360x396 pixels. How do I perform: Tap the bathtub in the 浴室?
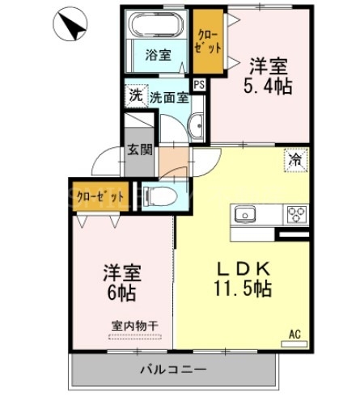pyautogui.click(x=158, y=27)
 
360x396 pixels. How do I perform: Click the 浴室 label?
pyautogui.click(x=158, y=55)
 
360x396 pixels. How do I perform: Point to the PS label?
pyautogui.click(x=199, y=82)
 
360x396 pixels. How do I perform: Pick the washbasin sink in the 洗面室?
pyautogui.click(x=196, y=125)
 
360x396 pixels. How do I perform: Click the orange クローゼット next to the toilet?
pyautogui.click(x=100, y=196)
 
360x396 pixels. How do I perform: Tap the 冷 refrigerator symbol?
pyautogui.click(x=296, y=160)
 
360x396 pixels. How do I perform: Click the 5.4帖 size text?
pyautogui.click(x=269, y=84)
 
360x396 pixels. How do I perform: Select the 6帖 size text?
pyautogui.click(x=119, y=292)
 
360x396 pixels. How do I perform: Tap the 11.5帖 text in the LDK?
pyautogui.click(x=242, y=289)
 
